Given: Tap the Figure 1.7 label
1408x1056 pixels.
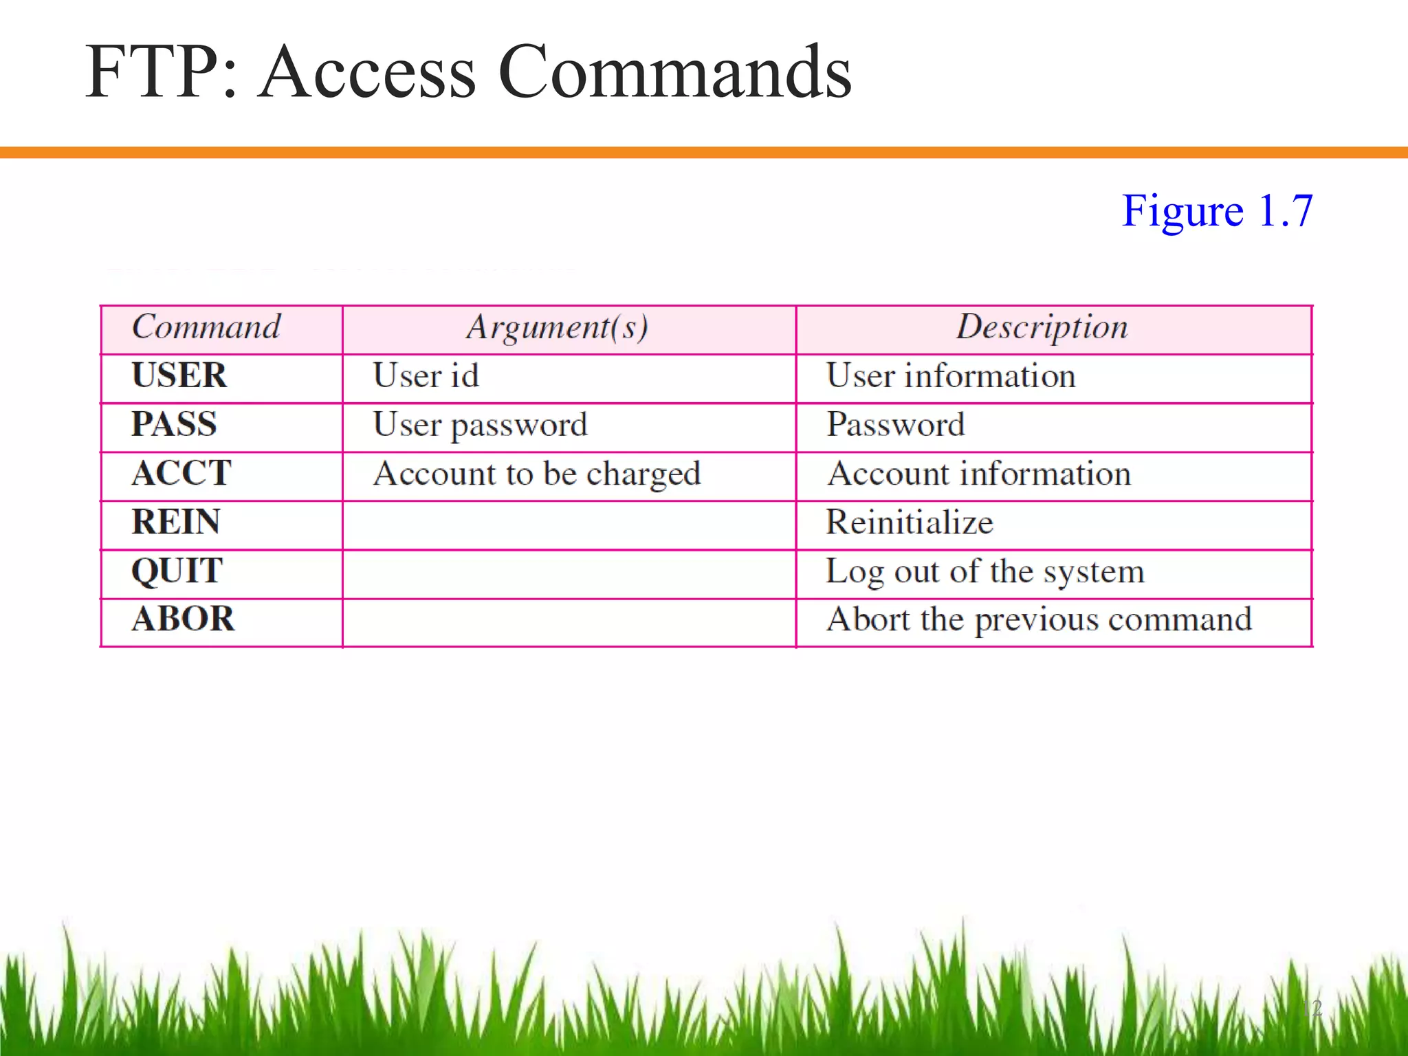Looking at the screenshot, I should point(1217,210).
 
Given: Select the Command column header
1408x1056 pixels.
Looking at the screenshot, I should point(206,327).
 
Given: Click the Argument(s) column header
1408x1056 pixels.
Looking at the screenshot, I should point(557,327).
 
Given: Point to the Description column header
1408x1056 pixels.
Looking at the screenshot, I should point(1042,327).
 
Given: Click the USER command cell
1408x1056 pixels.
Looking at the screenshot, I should point(179,376).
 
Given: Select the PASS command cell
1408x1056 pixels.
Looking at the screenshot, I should point(174,424).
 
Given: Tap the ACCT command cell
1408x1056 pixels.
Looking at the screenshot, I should point(181,473).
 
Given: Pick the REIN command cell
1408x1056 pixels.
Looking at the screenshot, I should point(176,522).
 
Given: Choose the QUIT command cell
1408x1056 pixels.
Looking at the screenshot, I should point(177,571).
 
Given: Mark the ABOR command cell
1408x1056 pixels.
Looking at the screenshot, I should point(183,619).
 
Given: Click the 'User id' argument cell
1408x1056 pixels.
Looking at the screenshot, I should point(426,376).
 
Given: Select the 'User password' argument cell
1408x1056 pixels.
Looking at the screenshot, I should point(481,425).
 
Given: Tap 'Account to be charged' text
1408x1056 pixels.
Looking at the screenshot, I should point(537,474).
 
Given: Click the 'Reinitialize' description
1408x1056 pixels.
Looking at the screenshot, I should point(910,522).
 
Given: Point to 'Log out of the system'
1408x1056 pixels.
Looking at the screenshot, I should point(985,571).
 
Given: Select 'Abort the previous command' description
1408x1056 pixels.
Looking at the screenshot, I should point(1039,619).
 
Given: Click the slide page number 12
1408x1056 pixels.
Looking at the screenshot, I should point(1312,1009).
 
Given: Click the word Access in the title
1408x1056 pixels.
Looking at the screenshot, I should point(368,71).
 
